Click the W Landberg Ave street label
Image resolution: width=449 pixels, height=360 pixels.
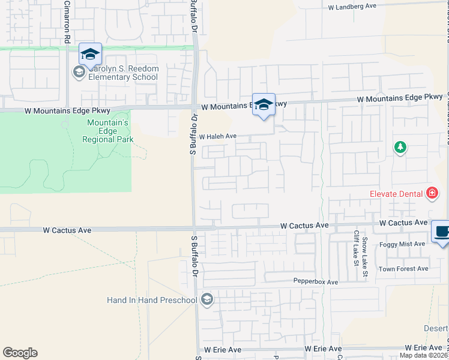tap(352, 6)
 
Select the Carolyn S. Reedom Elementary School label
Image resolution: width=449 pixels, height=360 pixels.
tap(124, 73)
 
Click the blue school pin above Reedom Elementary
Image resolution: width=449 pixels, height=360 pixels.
tap(90, 54)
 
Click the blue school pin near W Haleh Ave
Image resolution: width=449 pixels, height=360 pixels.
tap(264, 104)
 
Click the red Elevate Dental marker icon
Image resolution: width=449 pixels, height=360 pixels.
tap(432, 193)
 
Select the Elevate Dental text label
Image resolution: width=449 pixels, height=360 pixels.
tap(396, 194)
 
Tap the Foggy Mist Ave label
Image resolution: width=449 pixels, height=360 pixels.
tap(402, 244)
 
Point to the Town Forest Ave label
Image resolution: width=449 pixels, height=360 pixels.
tap(407, 269)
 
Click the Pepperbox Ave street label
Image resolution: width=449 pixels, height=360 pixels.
tap(316, 281)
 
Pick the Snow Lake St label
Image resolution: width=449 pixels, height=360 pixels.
tap(364, 257)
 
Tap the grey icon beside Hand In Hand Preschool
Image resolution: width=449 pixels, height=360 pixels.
tap(207, 299)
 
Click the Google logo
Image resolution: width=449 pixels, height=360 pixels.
tap(20, 353)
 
